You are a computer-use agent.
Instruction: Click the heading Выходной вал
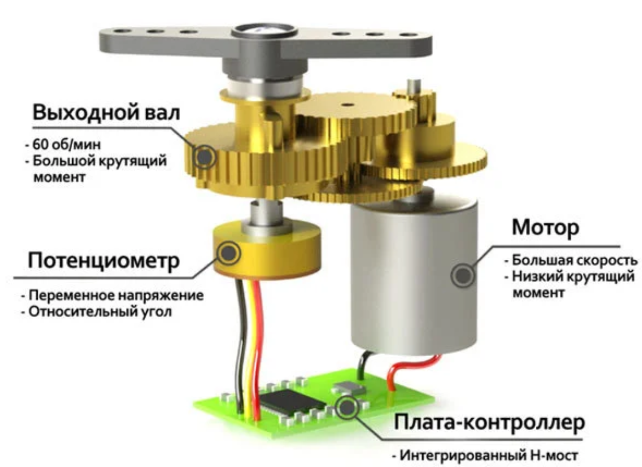coord(106,112)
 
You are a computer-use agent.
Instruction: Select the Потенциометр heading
coord(104,261)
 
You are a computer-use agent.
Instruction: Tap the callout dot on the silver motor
coord(463,275)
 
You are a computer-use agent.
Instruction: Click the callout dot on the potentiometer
coord(229,253)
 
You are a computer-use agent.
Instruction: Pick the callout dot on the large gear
coord(204,157)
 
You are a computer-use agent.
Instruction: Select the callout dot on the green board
coord(347,408)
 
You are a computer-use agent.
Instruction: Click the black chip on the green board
coord(293,400)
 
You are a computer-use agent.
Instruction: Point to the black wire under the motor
coord(362,365)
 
